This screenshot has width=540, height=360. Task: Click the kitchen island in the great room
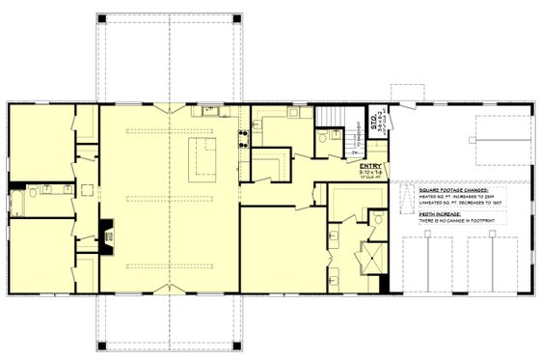coord(204,159)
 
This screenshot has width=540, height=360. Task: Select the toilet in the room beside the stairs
coord(323,139)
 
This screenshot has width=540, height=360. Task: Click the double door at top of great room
coord(171,104)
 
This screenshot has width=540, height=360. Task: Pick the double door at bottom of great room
coord(171,287)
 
